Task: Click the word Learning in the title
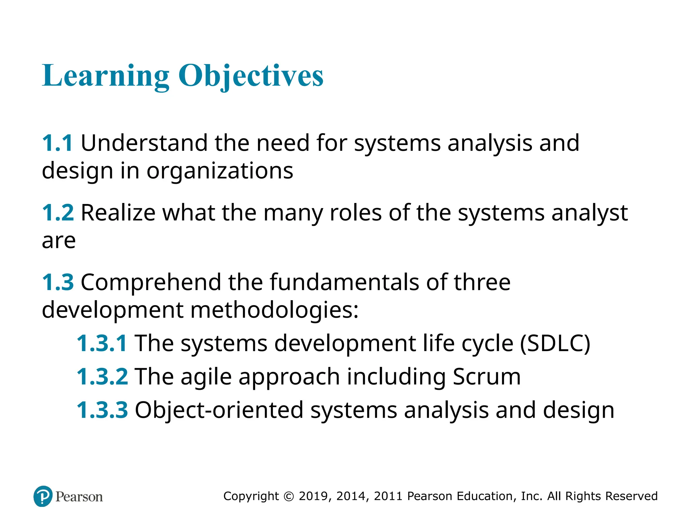point(105,76)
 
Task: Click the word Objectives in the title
point(251,76)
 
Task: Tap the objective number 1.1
point(57,143)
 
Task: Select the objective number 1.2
point(58,213)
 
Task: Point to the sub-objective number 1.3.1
point(102,343)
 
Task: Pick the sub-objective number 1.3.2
point(102,377)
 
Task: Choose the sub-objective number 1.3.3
point(102,410)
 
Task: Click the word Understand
point(144,143)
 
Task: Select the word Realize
point(118,213)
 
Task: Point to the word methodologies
point(275,310)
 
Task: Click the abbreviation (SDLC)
point(555,343)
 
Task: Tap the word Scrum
point(487,377)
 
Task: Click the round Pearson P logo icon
point(43,496)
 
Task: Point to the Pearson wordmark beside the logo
point(79,497)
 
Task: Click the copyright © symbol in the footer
point(289,496)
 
